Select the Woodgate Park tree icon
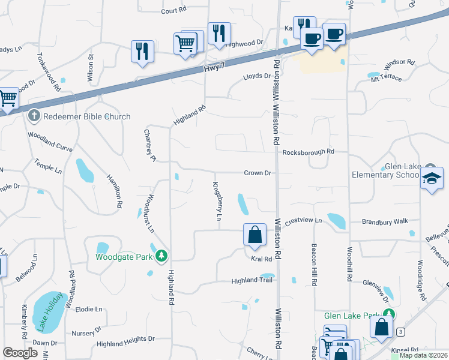pos(161,257)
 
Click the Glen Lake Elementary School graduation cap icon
pos(431,179)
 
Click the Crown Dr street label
pos(258,173)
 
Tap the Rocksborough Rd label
pos(308,152)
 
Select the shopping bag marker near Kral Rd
pos(255,235)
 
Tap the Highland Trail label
pos(252,280)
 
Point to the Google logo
pos(20,353)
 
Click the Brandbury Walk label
pos(385,221)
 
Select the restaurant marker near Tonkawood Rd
pos(142,51)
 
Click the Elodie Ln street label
pos(89,309)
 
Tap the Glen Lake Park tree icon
pos(390,314)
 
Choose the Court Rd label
pos(174,11)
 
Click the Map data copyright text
pos(423,355)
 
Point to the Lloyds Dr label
pos(257,76)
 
